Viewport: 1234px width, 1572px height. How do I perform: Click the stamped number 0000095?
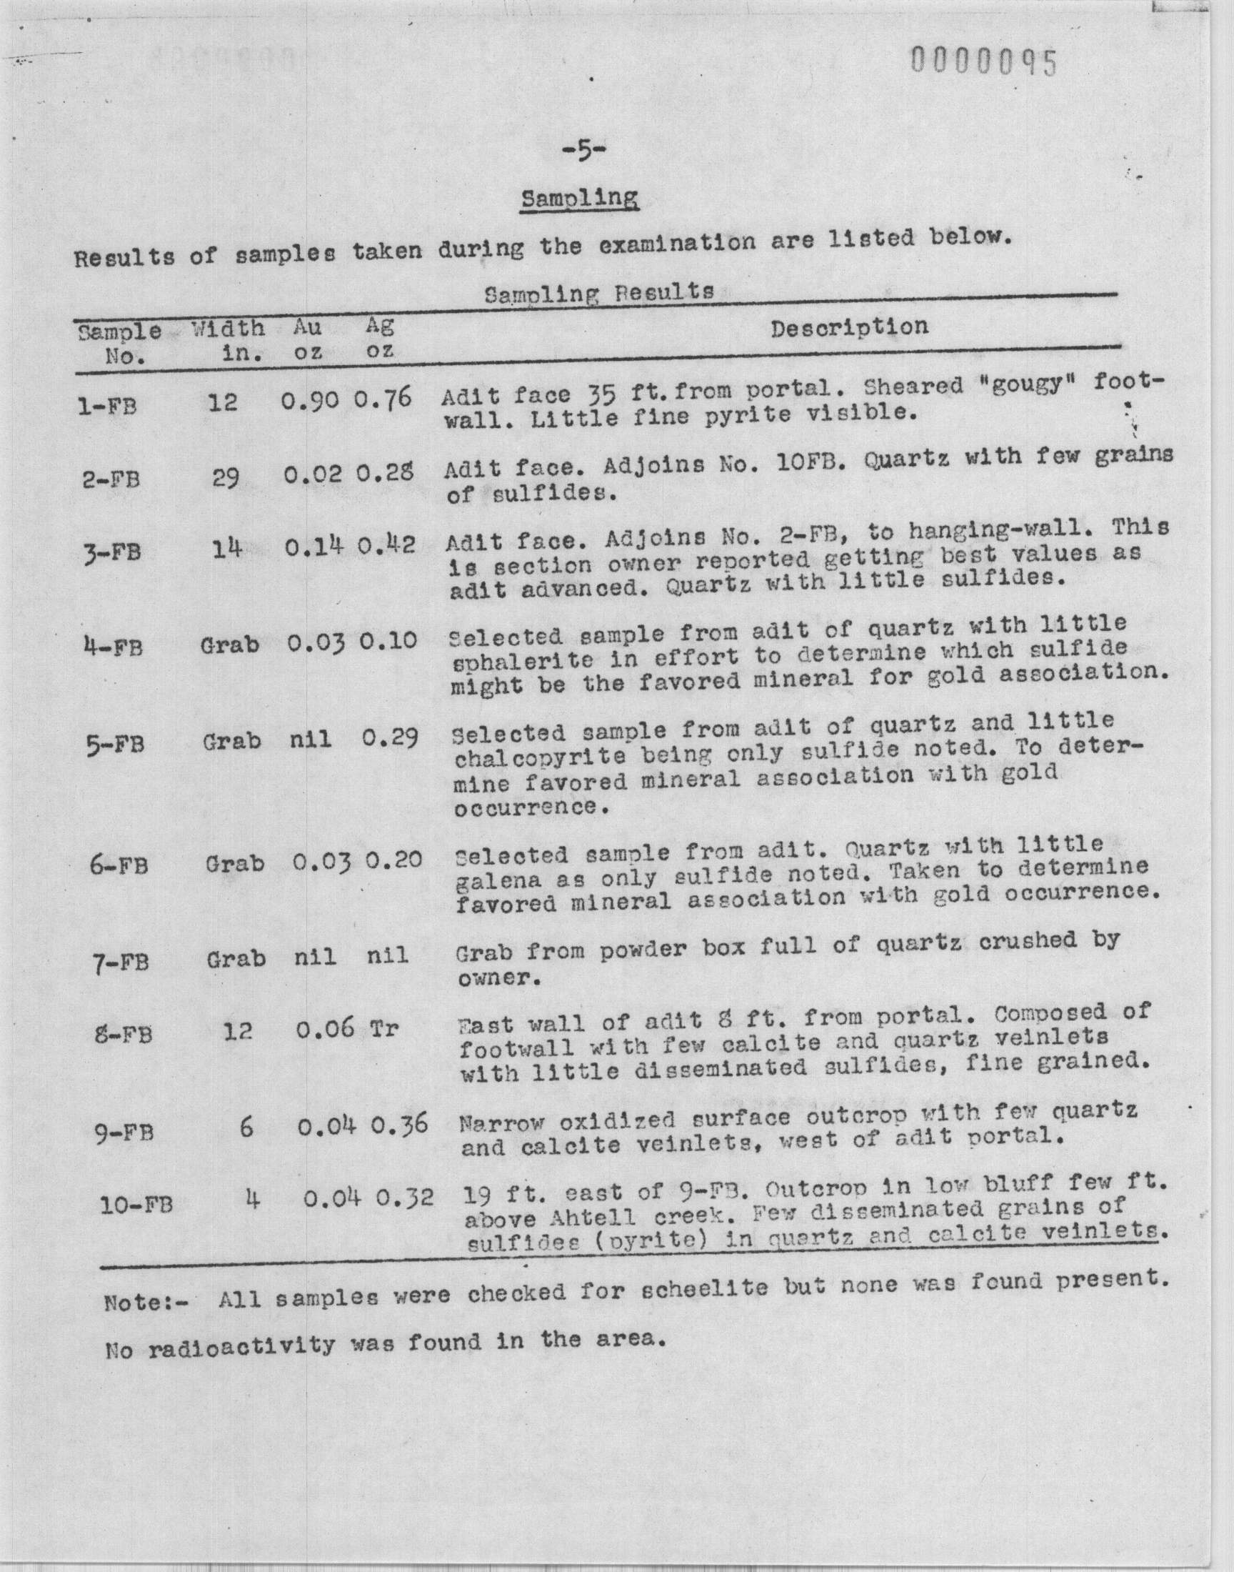tap(984, 63)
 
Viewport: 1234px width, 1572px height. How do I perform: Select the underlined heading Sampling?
tap(579, 198)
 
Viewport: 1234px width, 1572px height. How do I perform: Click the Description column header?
tap(849, 327)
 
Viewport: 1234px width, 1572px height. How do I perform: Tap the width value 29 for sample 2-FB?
tap(226, 478)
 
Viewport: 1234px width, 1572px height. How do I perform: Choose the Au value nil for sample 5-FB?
tap(313, 740)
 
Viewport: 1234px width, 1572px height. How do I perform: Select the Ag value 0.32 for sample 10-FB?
tap(404, 1198)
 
